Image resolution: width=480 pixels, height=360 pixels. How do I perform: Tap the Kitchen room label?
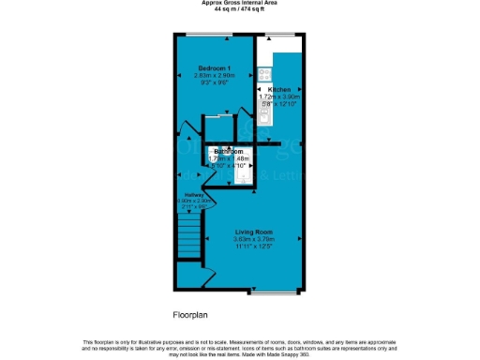click(x=279, y=89)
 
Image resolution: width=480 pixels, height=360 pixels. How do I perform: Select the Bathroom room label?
click(x=229, y=151)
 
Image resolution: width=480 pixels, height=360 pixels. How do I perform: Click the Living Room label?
click(x=253, y=231)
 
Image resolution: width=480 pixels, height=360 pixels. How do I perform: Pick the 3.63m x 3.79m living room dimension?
click(x=253, y=239)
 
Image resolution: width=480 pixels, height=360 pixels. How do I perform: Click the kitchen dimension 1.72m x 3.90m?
click(x=279, y=97)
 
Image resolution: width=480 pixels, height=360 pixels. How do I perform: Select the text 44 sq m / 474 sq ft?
click(x=240, y=9)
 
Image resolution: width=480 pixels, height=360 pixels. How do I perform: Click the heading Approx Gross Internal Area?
click(x=240, y=3)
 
